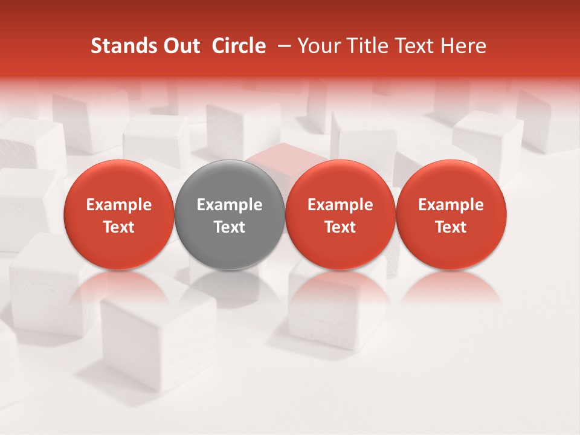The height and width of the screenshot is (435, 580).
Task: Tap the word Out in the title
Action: [x=180, y=47]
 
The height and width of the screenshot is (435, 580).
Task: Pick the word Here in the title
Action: [x=463, y=47]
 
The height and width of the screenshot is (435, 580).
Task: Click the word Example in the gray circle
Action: [x=230, y=205]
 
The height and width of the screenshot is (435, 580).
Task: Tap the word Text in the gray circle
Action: [x=230, y=227]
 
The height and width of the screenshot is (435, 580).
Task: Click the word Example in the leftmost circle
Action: [x=119, y=205]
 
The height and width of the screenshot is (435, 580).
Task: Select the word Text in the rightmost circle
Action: [x=451, y=227]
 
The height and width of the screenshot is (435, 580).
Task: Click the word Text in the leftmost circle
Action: [x=119, y=227]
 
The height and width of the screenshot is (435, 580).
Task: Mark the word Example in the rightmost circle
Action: [x=451, y=205]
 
